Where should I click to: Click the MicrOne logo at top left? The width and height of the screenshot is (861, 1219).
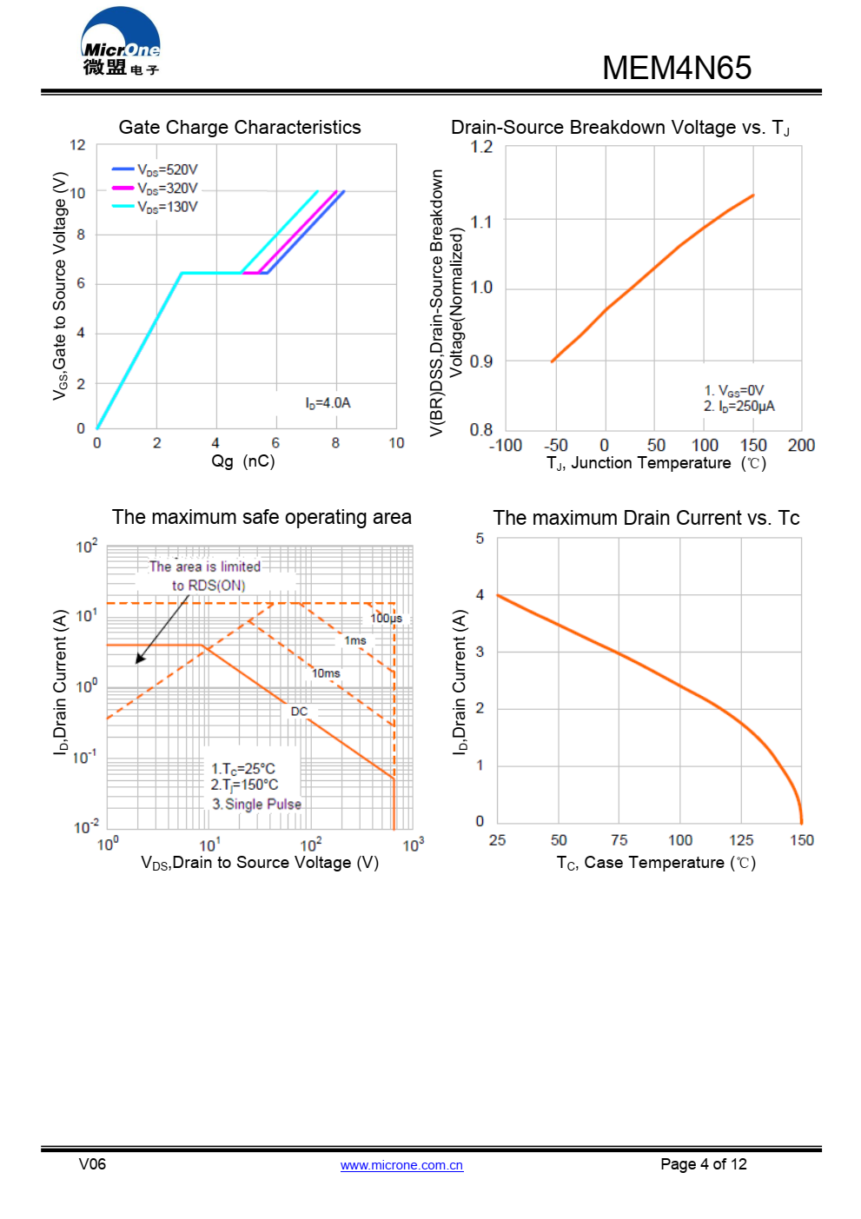click(x=121, y=43)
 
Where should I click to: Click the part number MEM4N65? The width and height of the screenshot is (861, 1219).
click(x=676, y=68)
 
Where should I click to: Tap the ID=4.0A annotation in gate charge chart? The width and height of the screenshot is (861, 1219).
click(x=328, y=403)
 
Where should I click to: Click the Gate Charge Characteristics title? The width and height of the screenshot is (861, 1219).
click(x=240, y=127)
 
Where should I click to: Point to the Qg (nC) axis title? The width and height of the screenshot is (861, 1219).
click(x=243, y=461)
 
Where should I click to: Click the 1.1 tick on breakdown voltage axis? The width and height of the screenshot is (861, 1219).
click(x=481, y=222)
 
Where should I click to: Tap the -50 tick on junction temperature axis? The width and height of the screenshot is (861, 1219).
click(x=556, y=445)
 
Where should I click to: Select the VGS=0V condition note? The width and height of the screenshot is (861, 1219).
click(x=734, y=391)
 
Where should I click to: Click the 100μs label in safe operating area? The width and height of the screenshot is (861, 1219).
click(x=386, y=618)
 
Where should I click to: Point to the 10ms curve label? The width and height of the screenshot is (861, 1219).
click(x=326, y=673)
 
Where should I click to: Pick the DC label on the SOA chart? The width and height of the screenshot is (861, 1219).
click(x=299, y=711)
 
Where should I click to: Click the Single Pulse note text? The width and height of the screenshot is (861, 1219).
click(x=257, y=805)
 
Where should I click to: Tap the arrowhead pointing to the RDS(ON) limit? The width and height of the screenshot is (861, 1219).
click(x=139, y=659)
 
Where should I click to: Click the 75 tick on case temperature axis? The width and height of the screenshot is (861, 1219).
click(x=619, y=840)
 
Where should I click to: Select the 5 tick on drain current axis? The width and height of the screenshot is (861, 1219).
click(x=480, y=539)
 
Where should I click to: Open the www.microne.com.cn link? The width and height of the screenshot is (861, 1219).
click(x=401, y=1165)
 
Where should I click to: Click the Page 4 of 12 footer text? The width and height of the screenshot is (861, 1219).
click(x=703, y=1164)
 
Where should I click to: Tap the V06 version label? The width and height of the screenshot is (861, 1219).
click(x=92, y=1164)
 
